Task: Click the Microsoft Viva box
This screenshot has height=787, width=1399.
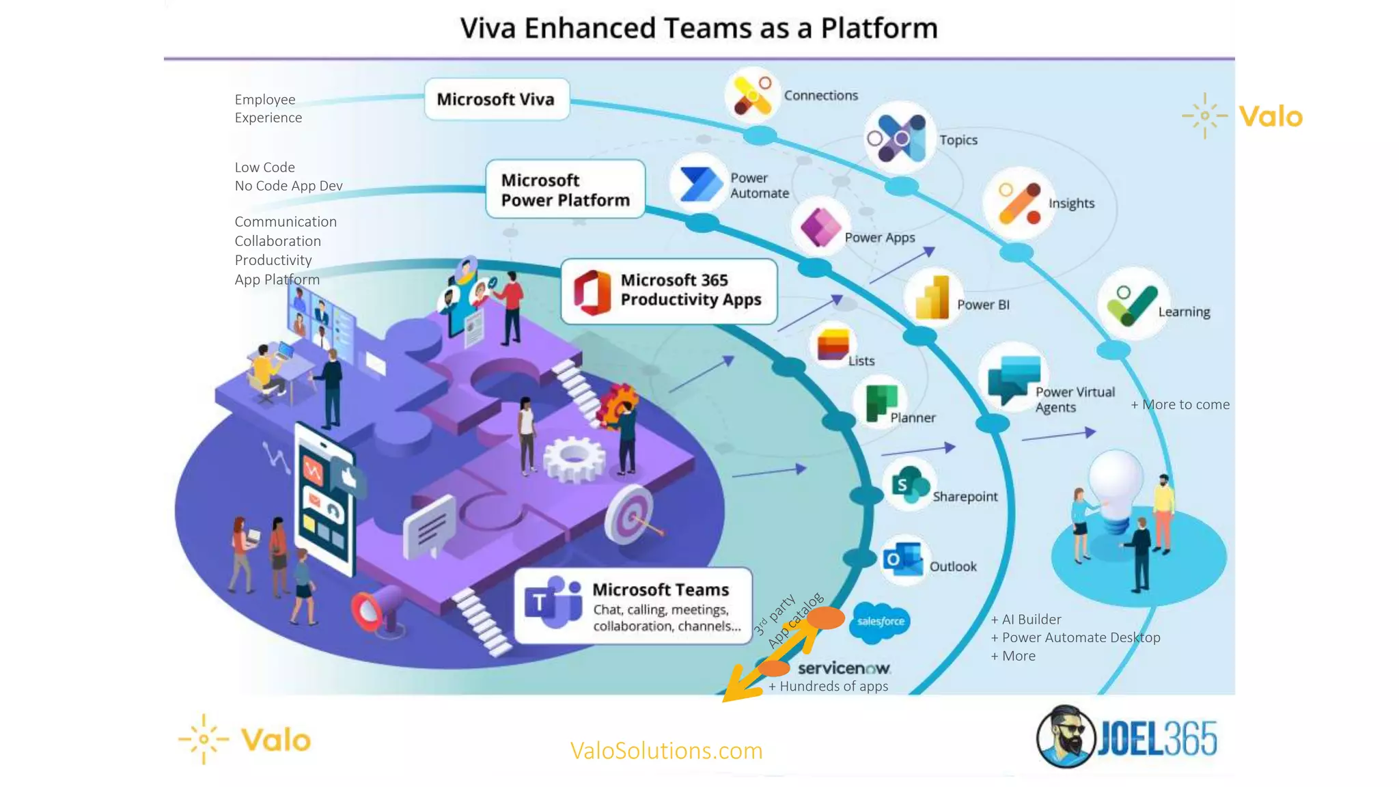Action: coord(496,100)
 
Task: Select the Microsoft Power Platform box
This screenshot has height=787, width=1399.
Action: coord(565,190)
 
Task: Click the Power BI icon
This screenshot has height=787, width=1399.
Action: coord(933,299)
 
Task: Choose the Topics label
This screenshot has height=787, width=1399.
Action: coord(958,140)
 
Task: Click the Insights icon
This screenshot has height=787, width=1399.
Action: coord(1019,204)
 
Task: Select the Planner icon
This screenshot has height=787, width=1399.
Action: coord(881,402)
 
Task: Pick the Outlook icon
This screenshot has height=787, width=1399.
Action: coord(902,560)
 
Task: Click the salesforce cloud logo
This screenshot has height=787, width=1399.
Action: coord(880,622)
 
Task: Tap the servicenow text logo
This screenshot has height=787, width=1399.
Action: coord(844,668)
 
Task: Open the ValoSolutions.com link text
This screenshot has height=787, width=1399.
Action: coord(666,751)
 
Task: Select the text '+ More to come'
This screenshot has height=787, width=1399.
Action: coord(1180,404)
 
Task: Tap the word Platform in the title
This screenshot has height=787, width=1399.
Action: coord(878,29)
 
